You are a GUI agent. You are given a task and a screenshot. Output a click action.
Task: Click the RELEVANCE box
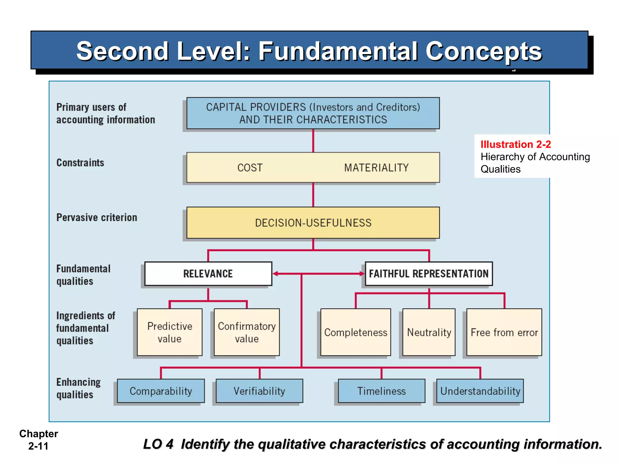tap(208, 274)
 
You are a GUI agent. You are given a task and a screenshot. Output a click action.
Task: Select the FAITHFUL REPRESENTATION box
tap(429, 274)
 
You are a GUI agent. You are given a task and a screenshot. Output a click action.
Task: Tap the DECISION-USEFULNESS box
tap(313, 223)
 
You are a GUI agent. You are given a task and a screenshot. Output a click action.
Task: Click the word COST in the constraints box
tap(250, 168)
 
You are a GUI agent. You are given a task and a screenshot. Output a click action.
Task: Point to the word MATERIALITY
tap(376, 168)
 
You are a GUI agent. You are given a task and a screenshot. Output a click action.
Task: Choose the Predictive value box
tap(170, 332)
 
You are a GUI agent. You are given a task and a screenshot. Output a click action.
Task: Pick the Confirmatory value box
tap(247, 332)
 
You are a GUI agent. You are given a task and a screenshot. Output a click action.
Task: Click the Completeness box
tap(356, 332)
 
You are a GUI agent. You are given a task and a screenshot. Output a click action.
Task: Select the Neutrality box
tap(429, 332)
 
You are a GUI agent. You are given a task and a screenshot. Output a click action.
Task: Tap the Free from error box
tap(504, 332)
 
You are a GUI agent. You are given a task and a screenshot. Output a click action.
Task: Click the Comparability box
tap(161, 391)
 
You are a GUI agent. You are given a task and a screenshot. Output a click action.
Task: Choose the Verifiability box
tap(259, 391)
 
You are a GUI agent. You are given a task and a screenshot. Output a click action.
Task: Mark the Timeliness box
tap(381, 391)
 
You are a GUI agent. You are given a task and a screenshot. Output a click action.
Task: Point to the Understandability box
tap(480, 391)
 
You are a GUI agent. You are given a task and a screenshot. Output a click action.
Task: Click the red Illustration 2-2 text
tap(516, 144)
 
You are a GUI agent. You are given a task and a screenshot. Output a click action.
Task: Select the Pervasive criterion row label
tap(97, 217)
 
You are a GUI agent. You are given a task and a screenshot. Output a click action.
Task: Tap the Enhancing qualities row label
tap(78, 388)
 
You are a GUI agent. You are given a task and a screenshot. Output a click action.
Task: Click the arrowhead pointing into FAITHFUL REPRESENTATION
tap(362, 274)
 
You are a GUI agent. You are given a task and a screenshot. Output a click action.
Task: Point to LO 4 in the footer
tap(158, 444)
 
